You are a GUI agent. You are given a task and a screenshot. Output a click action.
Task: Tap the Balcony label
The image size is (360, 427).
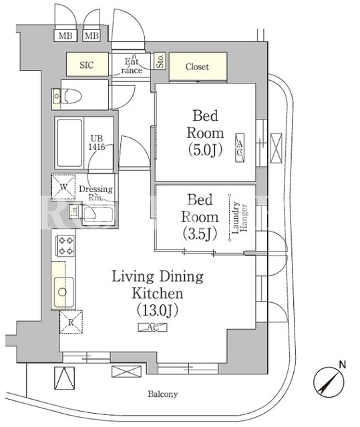[163, 394]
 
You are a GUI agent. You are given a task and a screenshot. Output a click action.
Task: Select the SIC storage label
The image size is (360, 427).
[87, 65]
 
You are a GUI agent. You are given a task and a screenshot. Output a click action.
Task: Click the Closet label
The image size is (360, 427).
[197, 67]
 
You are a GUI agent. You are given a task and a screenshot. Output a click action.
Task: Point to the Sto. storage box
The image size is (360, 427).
[160, 61]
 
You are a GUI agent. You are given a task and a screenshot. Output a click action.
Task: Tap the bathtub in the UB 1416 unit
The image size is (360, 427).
[69, 143]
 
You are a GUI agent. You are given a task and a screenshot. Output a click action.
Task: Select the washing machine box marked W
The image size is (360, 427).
[63, 187]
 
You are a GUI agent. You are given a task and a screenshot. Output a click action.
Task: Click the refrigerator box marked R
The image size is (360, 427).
[71, 322]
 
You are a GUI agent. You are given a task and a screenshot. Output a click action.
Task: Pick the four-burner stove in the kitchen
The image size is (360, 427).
[65, 246]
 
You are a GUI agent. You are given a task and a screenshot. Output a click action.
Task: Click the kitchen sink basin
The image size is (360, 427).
[62, 292]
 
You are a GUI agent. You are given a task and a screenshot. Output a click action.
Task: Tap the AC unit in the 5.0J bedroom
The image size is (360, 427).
[240, 148]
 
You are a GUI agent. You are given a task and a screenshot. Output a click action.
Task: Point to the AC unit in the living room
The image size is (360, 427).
[152, 328]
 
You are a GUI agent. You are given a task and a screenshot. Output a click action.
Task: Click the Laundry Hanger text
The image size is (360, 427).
[239, 218]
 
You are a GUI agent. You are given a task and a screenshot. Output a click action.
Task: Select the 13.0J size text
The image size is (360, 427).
[158, 310]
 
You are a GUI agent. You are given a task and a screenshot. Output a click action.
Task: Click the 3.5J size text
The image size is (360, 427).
[200, 234]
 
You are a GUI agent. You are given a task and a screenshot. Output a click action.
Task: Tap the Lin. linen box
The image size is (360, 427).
[74, 211]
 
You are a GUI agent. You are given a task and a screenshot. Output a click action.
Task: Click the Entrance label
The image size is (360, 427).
[132, 66]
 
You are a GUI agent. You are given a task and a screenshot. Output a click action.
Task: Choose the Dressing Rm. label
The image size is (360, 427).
[96, 193]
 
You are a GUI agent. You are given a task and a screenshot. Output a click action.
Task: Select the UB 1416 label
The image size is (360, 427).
[96, 143]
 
